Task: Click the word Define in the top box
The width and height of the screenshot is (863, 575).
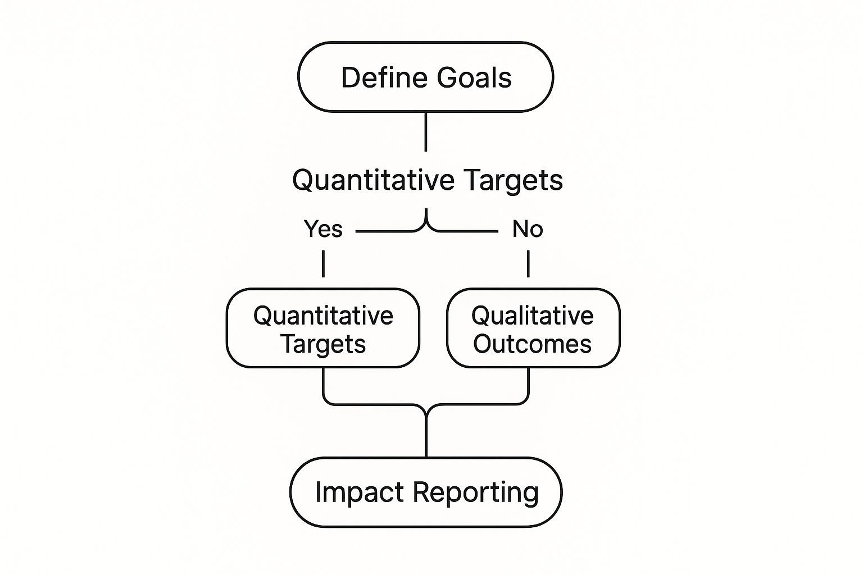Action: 384,77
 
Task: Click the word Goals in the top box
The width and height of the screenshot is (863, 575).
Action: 474,77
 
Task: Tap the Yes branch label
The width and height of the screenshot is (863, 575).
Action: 323,229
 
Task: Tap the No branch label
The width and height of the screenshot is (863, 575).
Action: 528,229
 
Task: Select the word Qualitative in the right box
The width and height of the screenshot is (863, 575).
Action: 533,316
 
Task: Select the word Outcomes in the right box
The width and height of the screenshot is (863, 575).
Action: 532,344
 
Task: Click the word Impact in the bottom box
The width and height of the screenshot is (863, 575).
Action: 360,493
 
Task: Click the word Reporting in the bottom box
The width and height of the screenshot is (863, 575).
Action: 476,493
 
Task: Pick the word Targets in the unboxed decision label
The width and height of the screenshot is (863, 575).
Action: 514,180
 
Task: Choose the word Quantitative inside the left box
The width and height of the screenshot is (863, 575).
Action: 323,316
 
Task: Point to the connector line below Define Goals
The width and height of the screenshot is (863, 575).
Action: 426,132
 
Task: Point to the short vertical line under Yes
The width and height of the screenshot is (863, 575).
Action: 323,264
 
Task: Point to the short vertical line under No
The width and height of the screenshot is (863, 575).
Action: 528,264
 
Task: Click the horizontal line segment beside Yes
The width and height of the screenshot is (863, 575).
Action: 385,231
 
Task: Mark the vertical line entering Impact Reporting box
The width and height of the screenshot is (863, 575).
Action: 426,435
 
